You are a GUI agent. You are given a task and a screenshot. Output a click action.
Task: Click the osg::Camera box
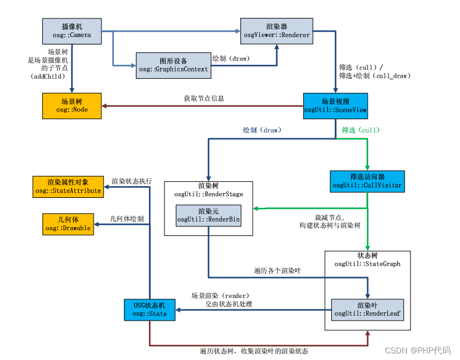pyautogui.click(x=72, y=30)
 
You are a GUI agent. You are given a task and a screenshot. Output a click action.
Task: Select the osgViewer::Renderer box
pyautogui.click(x=276, y=30)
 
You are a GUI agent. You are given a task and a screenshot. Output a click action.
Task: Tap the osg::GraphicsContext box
pyautogui.click(x=173, y=65)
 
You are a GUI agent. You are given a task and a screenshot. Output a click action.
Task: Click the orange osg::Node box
pyautogui.click(x=72, y=105)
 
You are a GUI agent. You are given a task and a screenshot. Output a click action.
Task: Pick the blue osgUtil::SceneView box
pyautogui.click(x=335, y=105)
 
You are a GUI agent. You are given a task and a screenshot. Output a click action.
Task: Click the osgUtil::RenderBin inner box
pyautogui.click(x=209, y=216)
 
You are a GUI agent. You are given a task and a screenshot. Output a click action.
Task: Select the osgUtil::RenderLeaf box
pyautogui.click(x=368, y=309)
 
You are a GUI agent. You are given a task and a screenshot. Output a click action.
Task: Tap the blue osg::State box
pyautogui.click(x=150, y=309)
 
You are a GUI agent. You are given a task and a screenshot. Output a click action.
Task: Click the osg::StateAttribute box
pyautogui.click(x=68, y=187)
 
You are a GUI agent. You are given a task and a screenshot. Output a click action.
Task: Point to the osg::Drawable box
pyautogui.click(x=68, y=224)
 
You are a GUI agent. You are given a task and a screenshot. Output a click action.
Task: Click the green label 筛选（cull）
pyautogui.click(x=360, y=130)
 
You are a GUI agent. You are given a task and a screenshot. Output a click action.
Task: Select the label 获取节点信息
pyautogui.click(x=204, y=98)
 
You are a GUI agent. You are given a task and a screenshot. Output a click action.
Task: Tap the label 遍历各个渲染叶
pyautogui.click(x=278, y=271)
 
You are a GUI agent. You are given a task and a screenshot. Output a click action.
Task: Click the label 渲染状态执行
pyautogui.click(x=132, y=180)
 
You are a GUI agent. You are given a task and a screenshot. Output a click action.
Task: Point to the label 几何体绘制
pyautogui.click(x=127, y=219)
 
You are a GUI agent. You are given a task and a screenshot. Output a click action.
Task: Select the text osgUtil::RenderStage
pyautogui.click(x=209, y=194)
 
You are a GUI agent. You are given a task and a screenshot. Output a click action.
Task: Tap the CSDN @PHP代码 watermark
pyautogui.click(x=418, y=350)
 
